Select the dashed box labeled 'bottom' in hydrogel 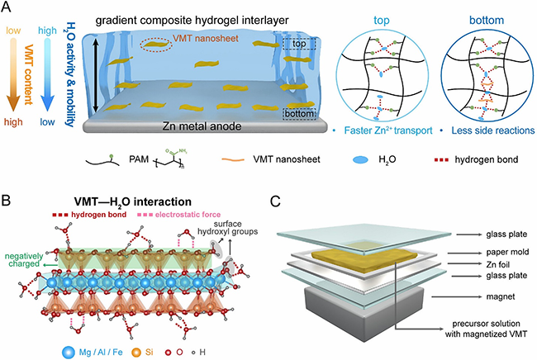298,115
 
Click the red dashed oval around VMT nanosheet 156,45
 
